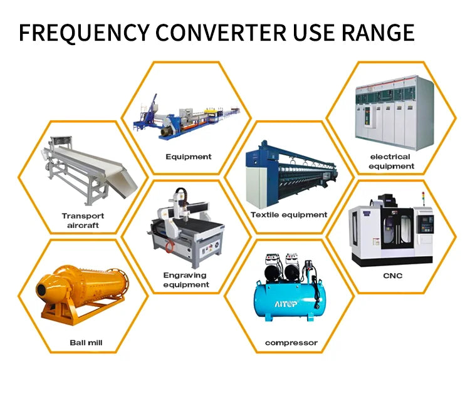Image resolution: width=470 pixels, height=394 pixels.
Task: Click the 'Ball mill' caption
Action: (x=86, y=343)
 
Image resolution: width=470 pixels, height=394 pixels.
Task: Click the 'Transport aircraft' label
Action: (x=83, y=220)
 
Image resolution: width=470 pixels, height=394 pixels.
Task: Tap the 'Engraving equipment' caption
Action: (x=186, y=279)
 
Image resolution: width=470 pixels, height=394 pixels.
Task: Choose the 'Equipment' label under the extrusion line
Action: (x=188, y=157)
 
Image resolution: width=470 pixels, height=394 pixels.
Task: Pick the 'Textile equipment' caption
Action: (x=289, y=214)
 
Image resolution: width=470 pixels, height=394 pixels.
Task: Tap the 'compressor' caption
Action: (x=291, y=343)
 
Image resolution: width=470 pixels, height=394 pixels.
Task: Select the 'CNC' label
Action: (x=393, y=276)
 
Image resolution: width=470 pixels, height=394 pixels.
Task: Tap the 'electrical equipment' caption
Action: (x=391, y=161)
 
